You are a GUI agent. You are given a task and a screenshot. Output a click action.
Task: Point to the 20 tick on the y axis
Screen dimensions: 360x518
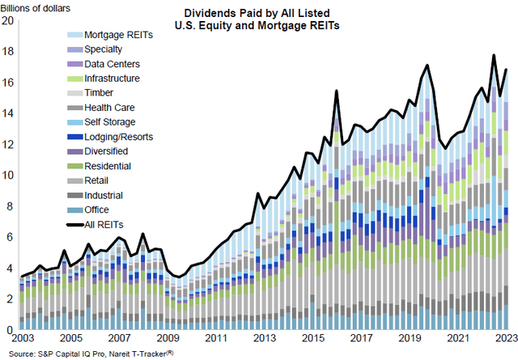8,20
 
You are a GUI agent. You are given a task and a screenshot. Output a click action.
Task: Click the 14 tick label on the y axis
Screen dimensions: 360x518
8,113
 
